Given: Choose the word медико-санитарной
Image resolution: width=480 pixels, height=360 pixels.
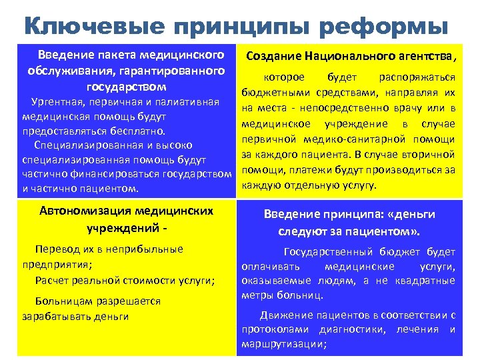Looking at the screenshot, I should [375, 139].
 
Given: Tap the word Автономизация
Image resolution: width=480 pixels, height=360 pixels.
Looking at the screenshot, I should [86, 211].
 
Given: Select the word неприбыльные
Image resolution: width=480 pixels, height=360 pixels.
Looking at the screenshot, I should [147, 249].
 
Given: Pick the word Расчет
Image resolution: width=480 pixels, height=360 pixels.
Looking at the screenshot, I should [51, 280].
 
